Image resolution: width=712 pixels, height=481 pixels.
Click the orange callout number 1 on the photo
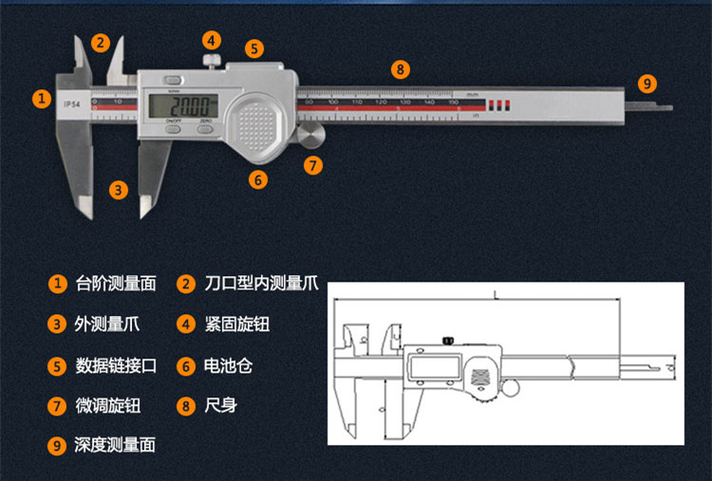tap(41, 97)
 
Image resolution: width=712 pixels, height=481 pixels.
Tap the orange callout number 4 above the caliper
tap(212, 40)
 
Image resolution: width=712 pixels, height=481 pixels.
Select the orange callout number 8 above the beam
tap(401, 68)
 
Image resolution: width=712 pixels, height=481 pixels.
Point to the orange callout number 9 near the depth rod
tap(647, 83)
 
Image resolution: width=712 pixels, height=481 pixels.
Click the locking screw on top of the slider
tap(211, 61)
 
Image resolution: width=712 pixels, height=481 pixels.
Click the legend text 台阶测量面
tap(115, 283)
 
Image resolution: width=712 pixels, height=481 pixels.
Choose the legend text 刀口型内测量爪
tap(261, 283)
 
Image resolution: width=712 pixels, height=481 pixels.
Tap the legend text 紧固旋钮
tap(237, 324)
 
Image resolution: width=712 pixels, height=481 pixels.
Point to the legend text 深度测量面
tap(115, 445)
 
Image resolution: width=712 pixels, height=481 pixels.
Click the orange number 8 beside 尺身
tap(186, 405)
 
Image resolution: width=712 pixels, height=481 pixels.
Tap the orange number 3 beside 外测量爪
tap(57, 324)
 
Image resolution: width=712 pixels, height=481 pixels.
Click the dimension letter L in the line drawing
tap(495, 296)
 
